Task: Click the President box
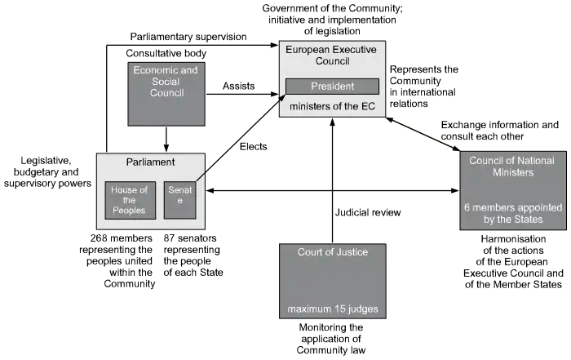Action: point(332,87)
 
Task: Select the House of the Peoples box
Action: point(129,200)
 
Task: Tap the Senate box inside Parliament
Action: point(179,200)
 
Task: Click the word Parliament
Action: point(150,162)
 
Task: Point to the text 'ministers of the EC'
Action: point(331,107)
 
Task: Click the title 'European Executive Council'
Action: point(330,56)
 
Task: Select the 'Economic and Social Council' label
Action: point(166,82)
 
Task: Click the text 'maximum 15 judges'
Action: point(332,309)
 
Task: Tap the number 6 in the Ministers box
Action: point(467,207)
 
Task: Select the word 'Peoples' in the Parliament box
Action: point(129,211)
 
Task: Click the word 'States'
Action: point(527,219)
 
